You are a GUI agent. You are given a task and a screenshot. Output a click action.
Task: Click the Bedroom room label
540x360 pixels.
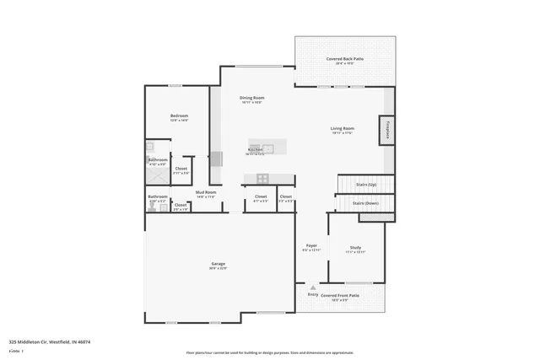click(x=179, y=116)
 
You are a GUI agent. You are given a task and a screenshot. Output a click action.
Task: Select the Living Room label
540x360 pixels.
click(x=342, y=128)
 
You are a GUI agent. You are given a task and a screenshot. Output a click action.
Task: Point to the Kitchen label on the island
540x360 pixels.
click(x=255, y=149)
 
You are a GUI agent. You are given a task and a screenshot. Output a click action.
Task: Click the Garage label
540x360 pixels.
click(x=218, y=264)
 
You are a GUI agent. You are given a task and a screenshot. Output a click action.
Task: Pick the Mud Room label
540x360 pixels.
click(x=207, y=192)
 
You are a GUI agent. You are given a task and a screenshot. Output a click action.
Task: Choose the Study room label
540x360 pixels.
click(x=355, y=247)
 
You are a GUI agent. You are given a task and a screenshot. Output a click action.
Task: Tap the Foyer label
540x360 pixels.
click(x=311, y=245)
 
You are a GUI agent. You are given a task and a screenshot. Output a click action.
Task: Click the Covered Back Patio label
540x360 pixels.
click(x=344, y=58)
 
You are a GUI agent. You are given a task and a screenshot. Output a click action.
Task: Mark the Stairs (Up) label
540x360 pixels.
click(x=365, y=184)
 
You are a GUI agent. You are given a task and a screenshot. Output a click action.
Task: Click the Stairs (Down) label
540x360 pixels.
click(x=366, y=203)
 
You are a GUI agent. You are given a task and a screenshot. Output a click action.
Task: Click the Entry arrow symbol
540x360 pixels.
click(x=313, y=287)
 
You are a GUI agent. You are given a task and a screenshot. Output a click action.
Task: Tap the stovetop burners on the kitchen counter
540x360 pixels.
click(x=262, y=178)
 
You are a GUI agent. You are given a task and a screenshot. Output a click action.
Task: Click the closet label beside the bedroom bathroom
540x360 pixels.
click(x=181, y=168)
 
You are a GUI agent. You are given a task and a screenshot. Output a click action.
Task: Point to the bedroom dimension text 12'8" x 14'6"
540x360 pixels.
click(x=179, y=121)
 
